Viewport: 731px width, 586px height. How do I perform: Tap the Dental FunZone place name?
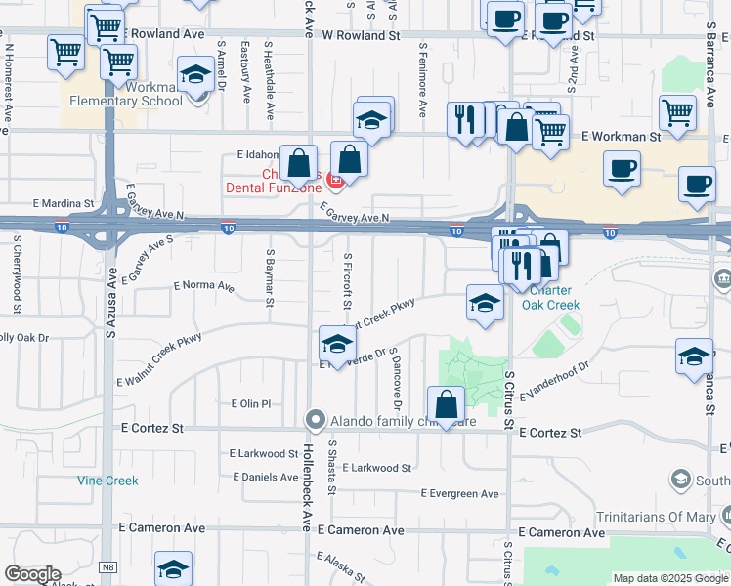click(275, 187)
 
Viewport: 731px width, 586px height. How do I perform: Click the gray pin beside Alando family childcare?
click(315, 420)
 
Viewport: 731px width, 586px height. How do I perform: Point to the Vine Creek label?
click(107, 481)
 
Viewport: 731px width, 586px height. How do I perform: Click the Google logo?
click(32, 574)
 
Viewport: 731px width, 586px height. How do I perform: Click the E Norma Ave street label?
click(203, 287)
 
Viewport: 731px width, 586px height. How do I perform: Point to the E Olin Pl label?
click(250, 403)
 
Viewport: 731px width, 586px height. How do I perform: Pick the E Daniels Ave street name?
click(263, 477)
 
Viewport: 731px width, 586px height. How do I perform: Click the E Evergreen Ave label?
click(461, 494)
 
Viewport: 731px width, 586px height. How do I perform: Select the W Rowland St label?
click(362, 34)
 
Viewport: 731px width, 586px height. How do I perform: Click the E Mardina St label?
click(63, 204)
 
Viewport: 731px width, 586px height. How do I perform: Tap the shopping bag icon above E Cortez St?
click(446, 404)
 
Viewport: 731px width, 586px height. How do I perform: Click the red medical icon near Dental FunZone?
click(335, 180)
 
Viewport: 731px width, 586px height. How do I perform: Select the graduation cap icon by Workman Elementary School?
click(195, 75)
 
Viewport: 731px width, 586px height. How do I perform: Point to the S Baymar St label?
click(269, 276)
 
